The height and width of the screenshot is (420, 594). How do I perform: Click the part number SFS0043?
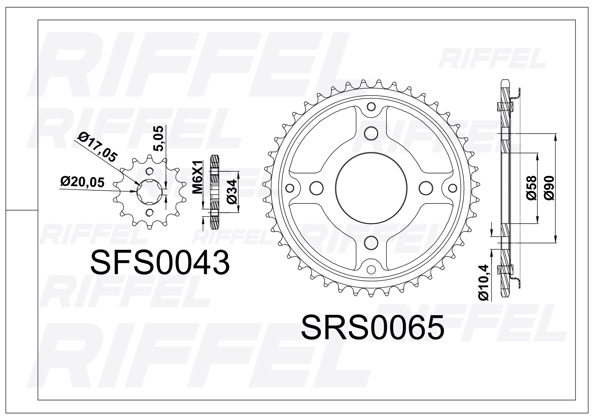coord(160,262)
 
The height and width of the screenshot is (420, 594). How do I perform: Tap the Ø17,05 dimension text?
coord(97,146)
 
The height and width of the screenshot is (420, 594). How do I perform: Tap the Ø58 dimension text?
coord(531,188)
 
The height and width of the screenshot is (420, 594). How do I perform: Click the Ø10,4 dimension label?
coord(484,283)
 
